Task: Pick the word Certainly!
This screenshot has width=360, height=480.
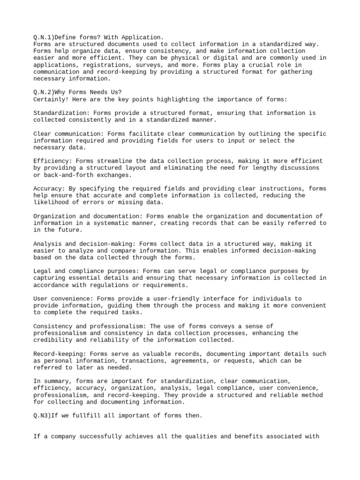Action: tap(52, 99)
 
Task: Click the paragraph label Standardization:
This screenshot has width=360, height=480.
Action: tap(61, 113)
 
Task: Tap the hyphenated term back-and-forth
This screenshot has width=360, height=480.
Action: tap(69, 175)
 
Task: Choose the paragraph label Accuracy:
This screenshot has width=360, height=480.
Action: tap(49, 188)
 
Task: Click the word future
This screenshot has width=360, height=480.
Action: tap(69, 230)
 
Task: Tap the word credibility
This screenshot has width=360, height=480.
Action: tap(53, 340)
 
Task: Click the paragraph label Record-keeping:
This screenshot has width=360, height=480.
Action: tap(60, 354)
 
